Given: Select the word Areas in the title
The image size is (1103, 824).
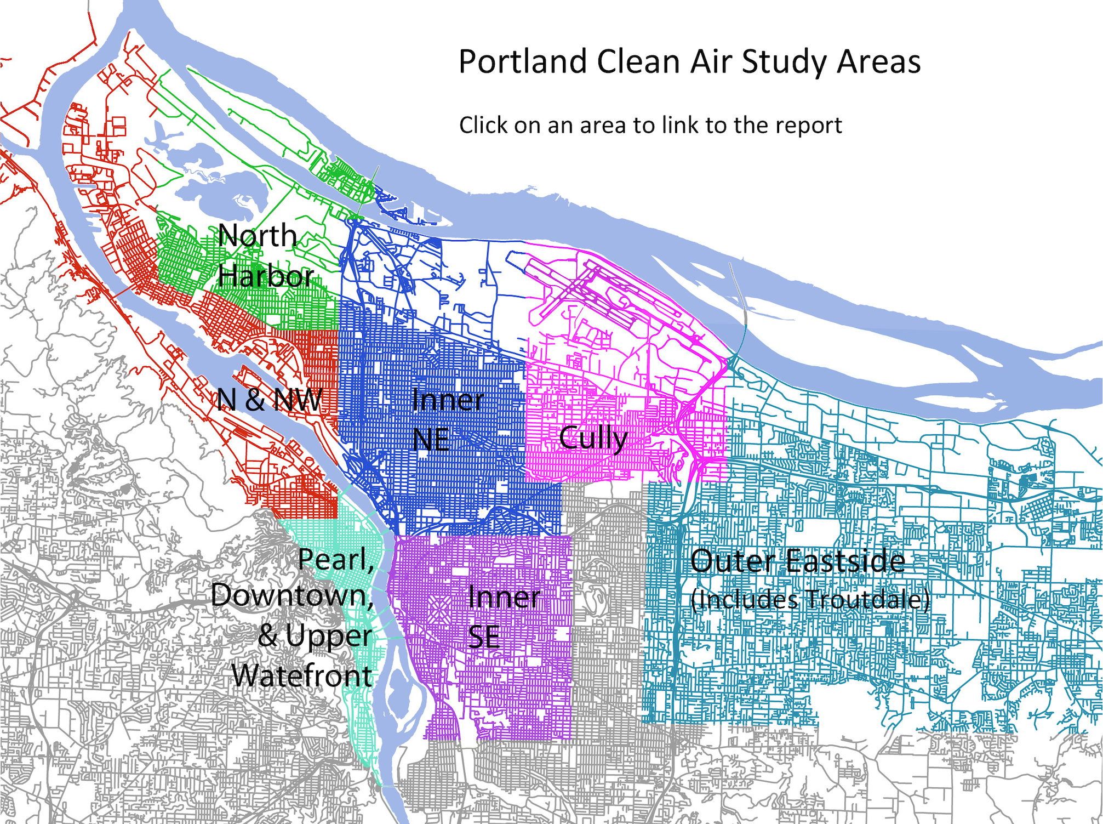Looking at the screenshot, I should coord(878,61).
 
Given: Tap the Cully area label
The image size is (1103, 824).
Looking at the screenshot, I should coord(593,439).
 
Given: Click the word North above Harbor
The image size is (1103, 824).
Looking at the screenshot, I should coord(258,236).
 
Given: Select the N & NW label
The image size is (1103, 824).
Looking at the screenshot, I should coord(269,400).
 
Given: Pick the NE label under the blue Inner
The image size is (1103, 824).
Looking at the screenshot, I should coord(431,440).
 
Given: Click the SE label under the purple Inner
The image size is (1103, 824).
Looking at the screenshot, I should coord(484,637).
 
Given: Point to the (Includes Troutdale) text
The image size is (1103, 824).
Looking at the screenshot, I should coord(810,599).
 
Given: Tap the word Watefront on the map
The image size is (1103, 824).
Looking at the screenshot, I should coord(302,675).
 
